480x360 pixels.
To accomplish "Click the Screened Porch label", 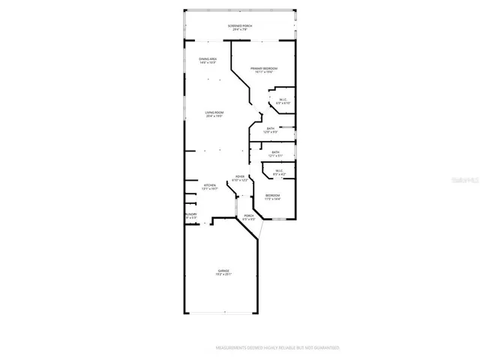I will [x=240, y=26].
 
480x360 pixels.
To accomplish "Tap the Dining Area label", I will [x=208, y=58].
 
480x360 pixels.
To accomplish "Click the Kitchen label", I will [x=211, y=184].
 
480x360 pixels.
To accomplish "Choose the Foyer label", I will [x=240, y=177].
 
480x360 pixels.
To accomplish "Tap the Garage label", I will [x=223, y=270].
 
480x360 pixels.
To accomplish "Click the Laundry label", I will [x=191, y=214].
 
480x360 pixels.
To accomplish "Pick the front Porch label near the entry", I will [x=249, y=216].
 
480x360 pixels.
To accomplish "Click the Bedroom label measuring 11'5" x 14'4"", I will [x=272, y=195].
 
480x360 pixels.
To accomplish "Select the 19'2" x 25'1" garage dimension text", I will [x=223, y=274].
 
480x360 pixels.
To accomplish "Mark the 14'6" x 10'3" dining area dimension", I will [x=208, y=63].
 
